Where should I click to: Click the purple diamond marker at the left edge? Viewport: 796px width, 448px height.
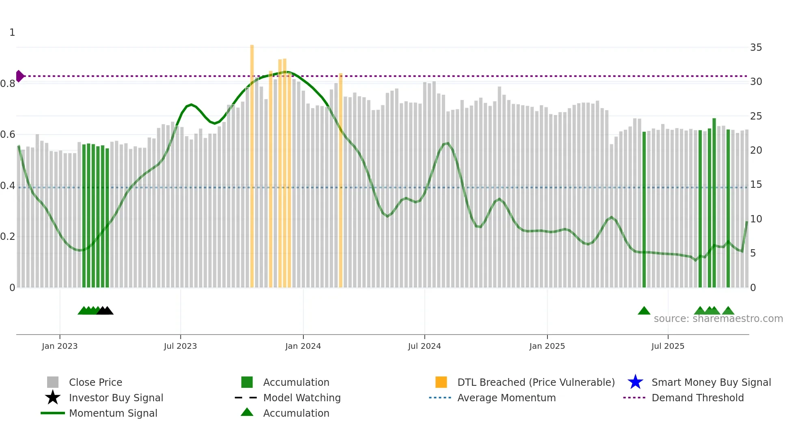click(19, 76)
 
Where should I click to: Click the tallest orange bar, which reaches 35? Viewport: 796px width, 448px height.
click(252, 163)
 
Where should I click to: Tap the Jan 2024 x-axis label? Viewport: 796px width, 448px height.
click(303, 346)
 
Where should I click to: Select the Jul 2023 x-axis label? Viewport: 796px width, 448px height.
click(180, 346)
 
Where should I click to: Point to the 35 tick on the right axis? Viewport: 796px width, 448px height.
click(756, 48)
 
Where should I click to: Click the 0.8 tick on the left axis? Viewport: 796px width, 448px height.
click(8, 84)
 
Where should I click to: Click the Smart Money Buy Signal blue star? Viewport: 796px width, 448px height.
click(635, 382)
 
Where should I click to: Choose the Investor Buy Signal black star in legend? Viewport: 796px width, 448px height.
click(53, 398)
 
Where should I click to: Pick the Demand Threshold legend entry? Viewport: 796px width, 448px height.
click(697, 398)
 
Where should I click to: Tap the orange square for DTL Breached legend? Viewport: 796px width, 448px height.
click(441, 382)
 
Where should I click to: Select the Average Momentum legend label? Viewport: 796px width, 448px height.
click(506, 398)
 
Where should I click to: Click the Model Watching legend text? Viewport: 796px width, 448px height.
click(302, 398)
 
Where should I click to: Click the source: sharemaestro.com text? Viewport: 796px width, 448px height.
click(718, 319)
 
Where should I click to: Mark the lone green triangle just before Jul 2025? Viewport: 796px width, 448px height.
click(644, 311)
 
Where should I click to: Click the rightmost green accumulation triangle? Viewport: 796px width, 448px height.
click(728, 311)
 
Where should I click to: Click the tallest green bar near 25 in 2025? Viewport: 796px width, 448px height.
click(714, 203)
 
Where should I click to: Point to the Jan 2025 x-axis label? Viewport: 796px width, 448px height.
click(547, 346)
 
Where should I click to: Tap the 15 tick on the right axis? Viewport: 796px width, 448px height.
click(756, 185)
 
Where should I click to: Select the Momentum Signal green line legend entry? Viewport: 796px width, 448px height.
click(113, 413)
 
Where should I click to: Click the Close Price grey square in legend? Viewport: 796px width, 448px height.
click(53, 382)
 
